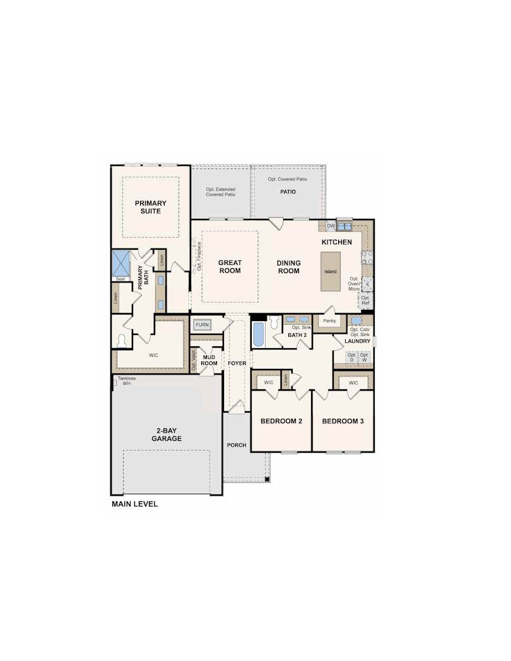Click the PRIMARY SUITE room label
point(151,207)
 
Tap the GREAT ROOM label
point(230,267)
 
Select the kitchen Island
point(331,272)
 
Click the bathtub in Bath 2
point(259,334)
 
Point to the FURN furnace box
point(202,325)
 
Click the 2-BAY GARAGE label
point(167,435)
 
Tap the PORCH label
point(237,445)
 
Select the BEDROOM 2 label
point(281,421)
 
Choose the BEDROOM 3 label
point(343,421)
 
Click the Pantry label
point(329,321)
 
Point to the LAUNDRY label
point(358,341)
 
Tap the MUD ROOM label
point(209,360)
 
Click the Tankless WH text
point(126,381)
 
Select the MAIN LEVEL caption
point(134,504)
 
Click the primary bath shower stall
point(120,263)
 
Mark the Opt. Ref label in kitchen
point(365,300)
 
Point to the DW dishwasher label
point(331,226)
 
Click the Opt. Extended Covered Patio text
point(221,192)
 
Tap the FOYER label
point(237,364)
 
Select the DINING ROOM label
point(289,267)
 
